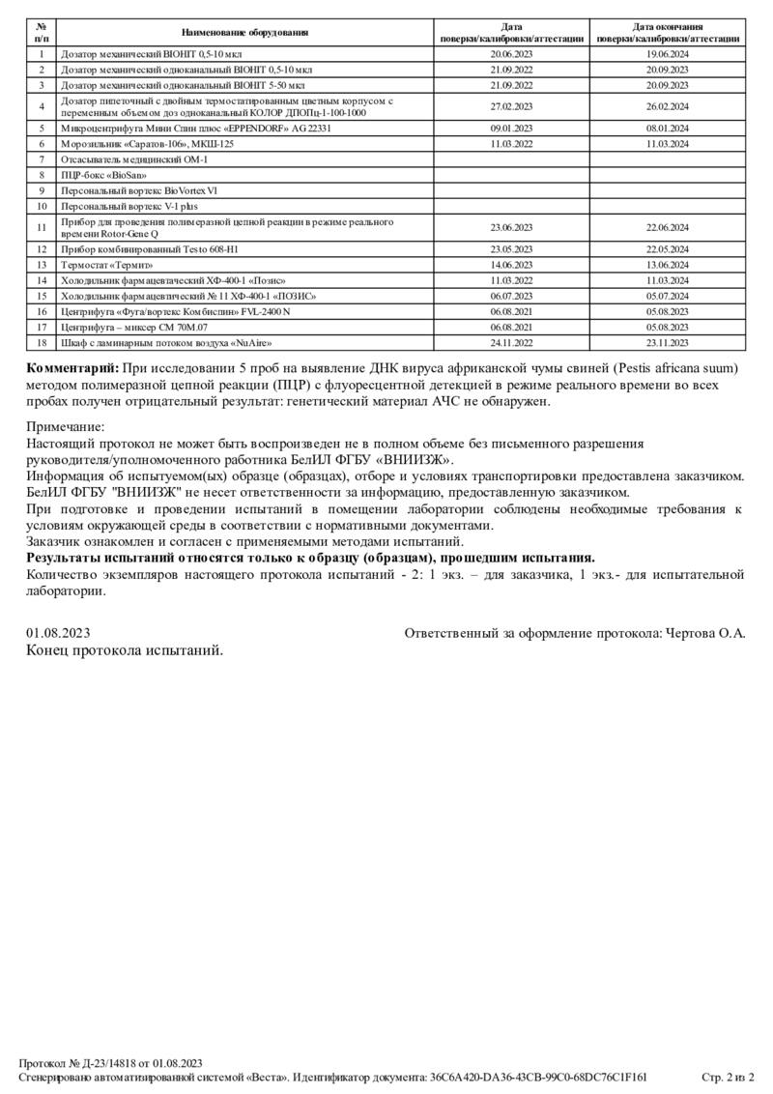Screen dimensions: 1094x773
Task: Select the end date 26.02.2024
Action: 667,105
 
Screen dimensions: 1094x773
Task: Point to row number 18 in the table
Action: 42,342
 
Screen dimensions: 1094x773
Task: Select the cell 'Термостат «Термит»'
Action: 106,264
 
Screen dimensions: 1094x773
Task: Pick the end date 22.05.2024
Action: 667,248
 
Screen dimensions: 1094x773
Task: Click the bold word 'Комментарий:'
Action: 72,368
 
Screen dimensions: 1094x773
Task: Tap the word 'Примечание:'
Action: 65,426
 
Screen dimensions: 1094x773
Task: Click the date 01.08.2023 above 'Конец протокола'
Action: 58,633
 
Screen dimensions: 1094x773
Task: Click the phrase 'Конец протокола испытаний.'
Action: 125,650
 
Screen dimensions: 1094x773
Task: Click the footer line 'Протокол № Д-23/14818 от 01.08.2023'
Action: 110,1062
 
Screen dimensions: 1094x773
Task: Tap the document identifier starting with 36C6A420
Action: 538,1077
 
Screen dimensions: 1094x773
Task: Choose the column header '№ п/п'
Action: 42,33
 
